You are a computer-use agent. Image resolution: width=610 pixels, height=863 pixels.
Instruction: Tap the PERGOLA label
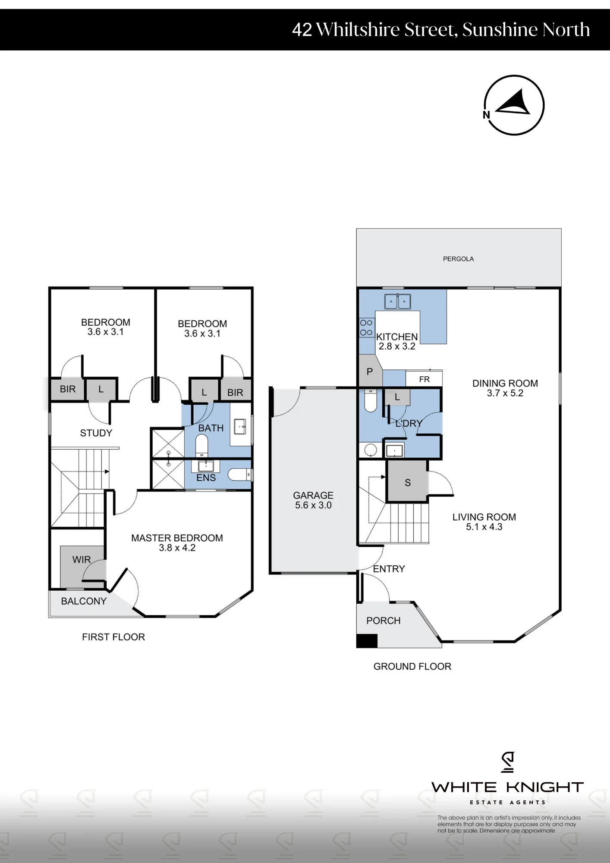pos(458,259)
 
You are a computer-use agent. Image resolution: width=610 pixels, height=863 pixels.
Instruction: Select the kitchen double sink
pos(397,301)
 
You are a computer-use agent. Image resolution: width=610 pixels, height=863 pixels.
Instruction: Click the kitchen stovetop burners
pos(366,328)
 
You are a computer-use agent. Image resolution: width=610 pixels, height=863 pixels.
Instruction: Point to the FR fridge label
pos(424,379)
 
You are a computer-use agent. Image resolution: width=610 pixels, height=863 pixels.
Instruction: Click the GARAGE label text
pos(313,495)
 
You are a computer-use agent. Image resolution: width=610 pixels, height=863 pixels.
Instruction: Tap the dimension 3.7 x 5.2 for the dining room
pos(505,393)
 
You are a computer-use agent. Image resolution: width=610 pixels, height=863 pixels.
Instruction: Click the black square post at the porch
pos(367,640)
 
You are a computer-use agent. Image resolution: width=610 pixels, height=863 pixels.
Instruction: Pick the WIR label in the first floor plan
pos(82,560)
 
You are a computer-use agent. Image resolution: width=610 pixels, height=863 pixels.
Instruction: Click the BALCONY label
pos(84,601)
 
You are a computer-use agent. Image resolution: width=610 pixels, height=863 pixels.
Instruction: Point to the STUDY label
pos(96,433)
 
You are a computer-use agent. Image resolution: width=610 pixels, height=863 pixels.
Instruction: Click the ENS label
pos(206,478)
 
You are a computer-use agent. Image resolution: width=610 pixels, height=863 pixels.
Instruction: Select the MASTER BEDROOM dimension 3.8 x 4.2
pos(177,548)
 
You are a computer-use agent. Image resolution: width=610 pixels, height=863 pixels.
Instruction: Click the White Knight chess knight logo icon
pos(508,762)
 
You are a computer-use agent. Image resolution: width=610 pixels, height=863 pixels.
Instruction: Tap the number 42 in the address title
pos(302,30)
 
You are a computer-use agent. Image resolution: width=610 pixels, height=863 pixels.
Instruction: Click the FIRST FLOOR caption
pos(113,637)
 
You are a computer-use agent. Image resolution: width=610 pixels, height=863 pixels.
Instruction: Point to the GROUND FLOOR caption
pos(412,666)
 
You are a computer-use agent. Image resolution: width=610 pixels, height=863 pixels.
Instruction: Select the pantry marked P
pos(370,371)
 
